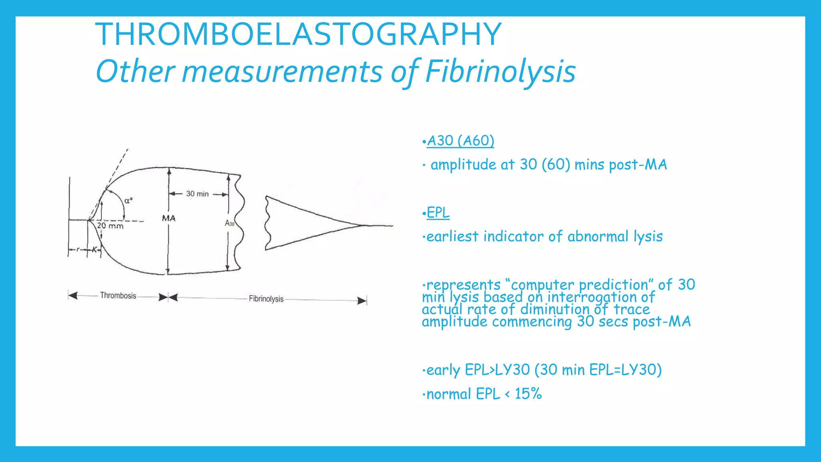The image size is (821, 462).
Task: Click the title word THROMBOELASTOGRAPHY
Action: pos(298,34)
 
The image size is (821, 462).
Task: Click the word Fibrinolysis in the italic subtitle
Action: pos(500,72)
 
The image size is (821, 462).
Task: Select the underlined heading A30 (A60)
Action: pos(460,141)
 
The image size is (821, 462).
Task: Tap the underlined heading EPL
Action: pos(438,213)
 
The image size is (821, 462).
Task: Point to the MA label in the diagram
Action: pos(168,218)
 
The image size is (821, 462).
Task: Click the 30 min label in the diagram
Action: pos(197,194)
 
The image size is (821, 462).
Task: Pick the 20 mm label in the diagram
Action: pos(110,226)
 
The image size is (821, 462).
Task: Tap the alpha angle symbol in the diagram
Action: pos(128,201)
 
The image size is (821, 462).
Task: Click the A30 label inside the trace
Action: pos(229,223)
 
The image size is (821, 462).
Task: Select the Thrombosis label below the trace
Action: pos(118,296)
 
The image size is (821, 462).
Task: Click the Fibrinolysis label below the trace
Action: pos(266,299)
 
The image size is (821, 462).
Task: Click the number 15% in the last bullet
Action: pos(528,394)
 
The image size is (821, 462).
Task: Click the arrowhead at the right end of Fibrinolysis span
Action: pos(362,300)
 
